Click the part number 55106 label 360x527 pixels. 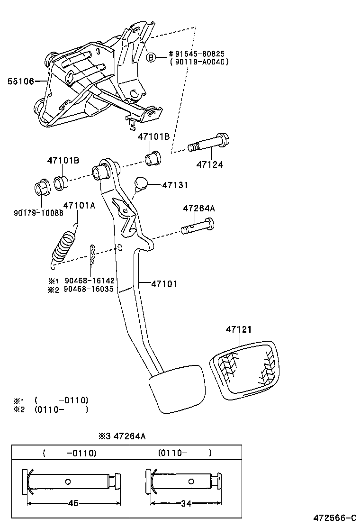(20, 82)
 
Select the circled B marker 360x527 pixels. (151, 57)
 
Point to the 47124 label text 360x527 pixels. (210, 165)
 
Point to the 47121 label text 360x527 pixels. (238, 329)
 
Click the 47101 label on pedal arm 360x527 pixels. (164, 284)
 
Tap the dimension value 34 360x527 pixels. (186, 503)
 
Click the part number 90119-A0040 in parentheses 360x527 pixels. (199, 62)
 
